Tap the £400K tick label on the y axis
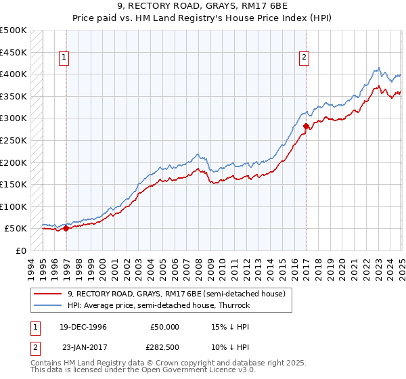pyautogui.click(x=14, y=74)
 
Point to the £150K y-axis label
pyautogui.click(x=14, y=184)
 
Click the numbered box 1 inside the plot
pyautogui.click(x=63, y=58)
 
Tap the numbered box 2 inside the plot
pyautogui.click(x=304, y=58)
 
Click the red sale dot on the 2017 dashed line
pyautogui.click(x=306, y=126)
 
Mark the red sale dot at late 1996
pyautogui.click(x=66, y=229)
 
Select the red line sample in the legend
pyautogui.click(x=48, y=294)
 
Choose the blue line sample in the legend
pyautogui.click(x=48, y=305)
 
